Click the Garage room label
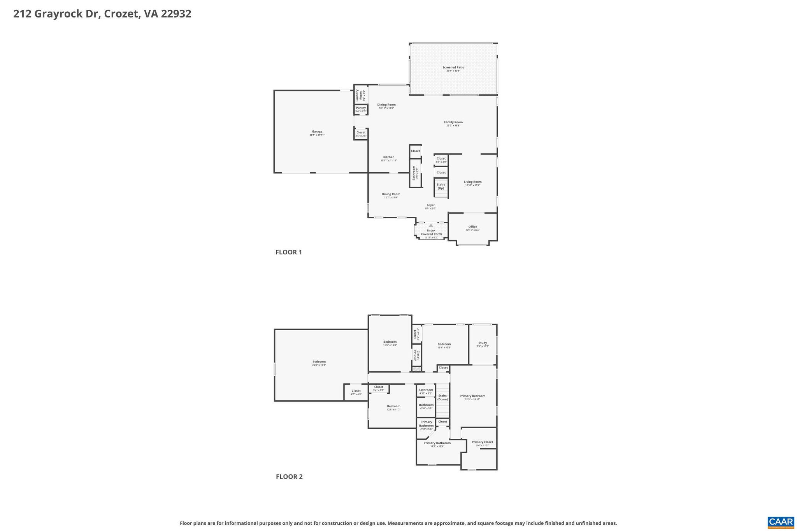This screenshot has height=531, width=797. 317,133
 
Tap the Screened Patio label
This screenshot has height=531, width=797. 453,69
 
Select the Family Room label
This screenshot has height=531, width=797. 453,124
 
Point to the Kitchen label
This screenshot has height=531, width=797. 388,159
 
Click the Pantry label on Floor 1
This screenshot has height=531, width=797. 361,109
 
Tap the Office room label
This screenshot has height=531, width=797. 472,228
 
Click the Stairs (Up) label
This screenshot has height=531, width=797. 441,186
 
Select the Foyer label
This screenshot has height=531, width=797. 430,207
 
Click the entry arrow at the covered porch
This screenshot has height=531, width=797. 431,225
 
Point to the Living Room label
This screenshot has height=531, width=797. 472,183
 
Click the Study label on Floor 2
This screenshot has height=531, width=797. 483,344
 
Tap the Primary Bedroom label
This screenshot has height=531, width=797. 472,397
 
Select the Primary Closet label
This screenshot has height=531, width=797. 482,443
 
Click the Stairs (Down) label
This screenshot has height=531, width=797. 442,397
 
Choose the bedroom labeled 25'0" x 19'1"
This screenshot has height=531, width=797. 319,363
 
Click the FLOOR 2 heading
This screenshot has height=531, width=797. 289,477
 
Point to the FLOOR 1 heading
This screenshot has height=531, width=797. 288,252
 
